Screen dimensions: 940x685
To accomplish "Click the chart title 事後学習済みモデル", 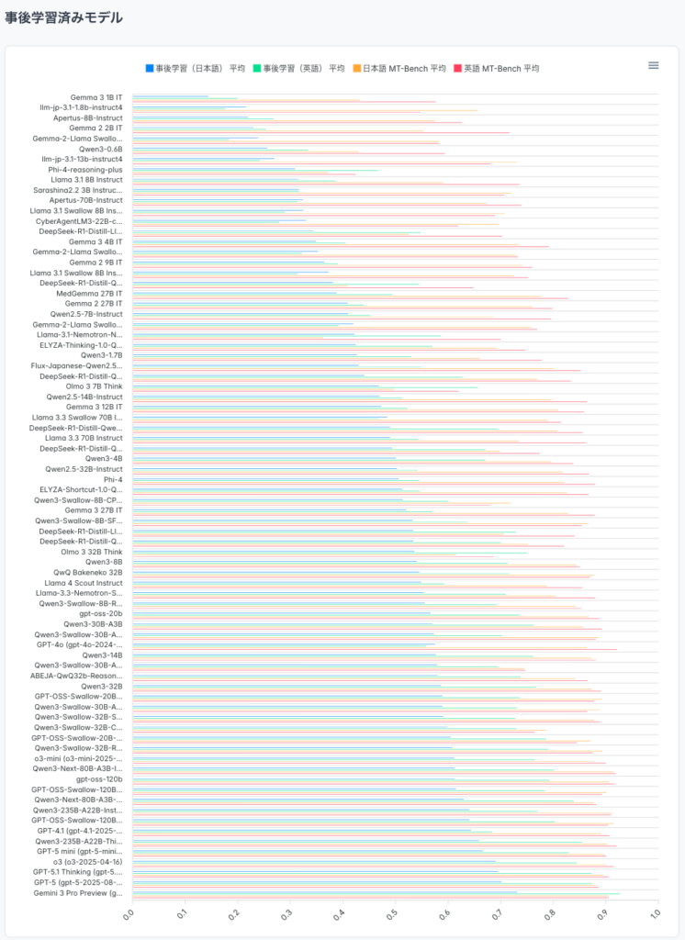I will [63, 17].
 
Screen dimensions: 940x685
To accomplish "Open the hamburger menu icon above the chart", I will [654, 65].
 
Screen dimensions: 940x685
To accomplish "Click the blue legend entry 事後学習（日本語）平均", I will [195, 69].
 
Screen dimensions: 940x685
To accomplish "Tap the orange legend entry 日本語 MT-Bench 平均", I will [399, 69].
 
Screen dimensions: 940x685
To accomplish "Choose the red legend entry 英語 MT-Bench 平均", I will [496, 69].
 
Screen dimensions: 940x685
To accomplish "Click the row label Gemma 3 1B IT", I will [96, 97].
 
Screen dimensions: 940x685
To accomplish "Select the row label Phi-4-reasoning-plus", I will [85, 170].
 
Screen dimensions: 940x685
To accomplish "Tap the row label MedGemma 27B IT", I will [89, 294].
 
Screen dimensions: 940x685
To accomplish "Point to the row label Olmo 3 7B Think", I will [92, 386].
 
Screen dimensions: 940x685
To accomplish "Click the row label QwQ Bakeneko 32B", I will [87, 572].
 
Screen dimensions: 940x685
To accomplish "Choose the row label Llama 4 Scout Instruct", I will [84, 583].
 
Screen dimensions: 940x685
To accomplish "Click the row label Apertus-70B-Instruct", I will [85, 200].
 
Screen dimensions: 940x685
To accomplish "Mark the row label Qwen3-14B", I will [102, 655].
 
